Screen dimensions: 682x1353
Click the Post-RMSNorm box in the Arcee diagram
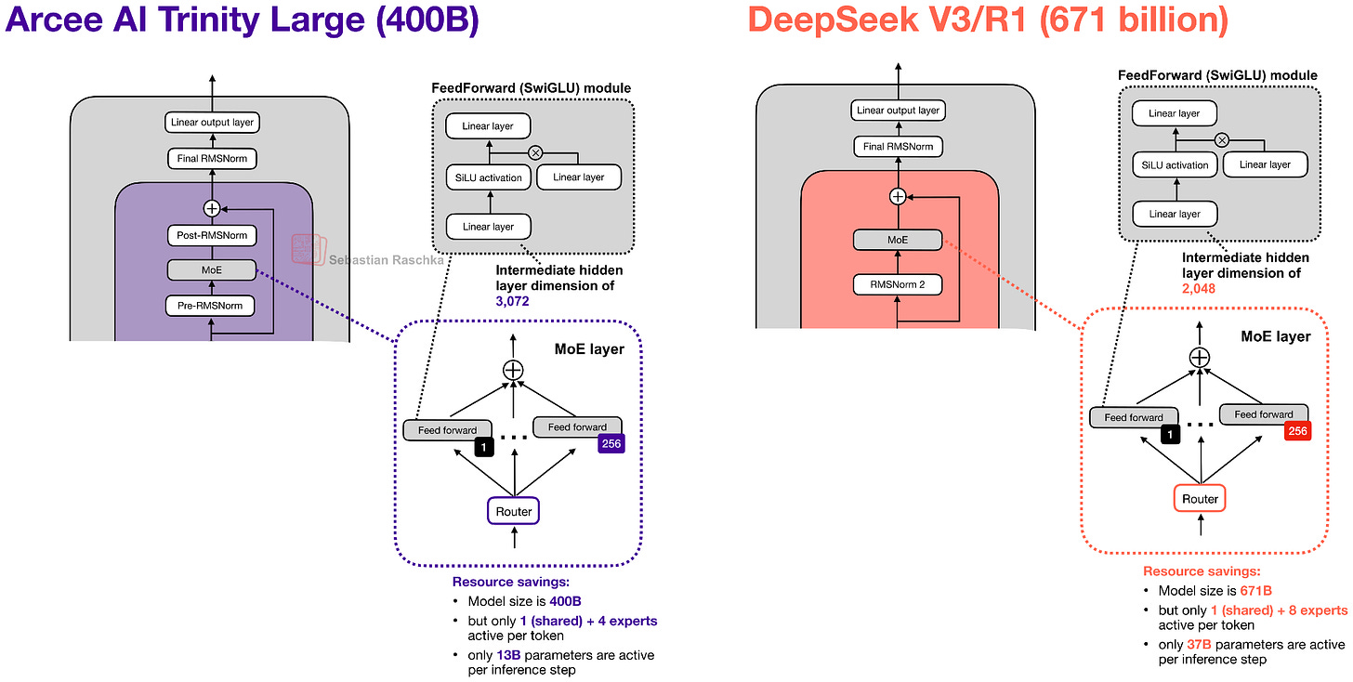pos(211,236)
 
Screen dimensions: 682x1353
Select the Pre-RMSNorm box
pos(211,305)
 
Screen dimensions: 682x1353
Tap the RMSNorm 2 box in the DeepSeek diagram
pos(898,285)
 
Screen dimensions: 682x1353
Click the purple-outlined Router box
pos(513,511)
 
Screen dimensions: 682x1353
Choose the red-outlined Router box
pos(1200,499)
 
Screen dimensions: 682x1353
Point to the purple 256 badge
pos(611,444)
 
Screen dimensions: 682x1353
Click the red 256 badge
pos(1297,431)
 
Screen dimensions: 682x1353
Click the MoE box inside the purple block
pos(211,270)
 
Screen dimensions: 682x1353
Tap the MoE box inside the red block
pos(898,241)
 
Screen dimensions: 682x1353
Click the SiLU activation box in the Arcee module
pos(488,177)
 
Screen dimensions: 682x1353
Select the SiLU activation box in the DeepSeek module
pos(1175,164)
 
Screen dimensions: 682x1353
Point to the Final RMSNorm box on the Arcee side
pos(211,160)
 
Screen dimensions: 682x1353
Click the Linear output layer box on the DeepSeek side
pos(898,111)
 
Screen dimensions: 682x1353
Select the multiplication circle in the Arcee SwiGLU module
pos(535,152)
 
